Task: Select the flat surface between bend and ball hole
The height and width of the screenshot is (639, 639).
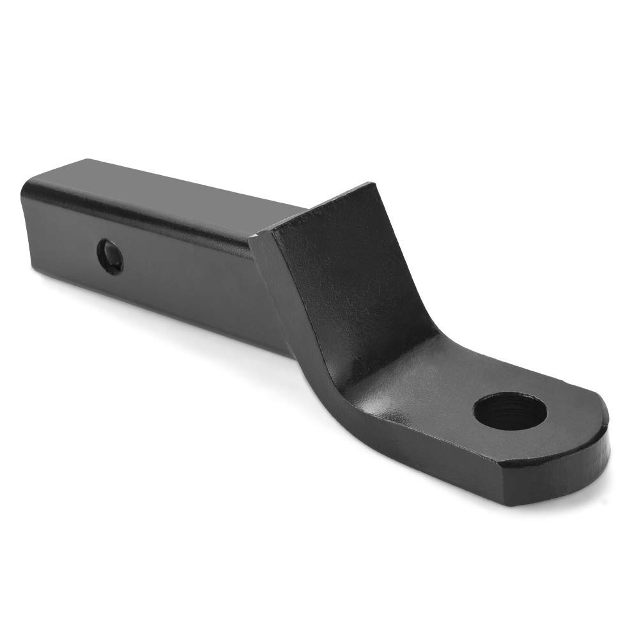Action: [x=441, y=396]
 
